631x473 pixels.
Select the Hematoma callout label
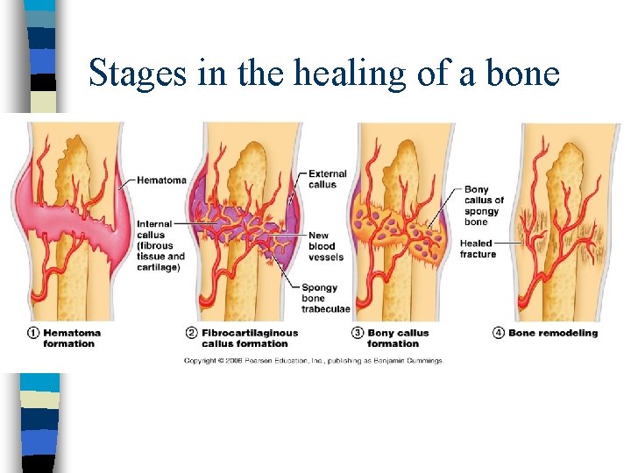point(161,180)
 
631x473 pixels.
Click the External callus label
point(328,180)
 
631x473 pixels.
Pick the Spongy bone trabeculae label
point(325,298)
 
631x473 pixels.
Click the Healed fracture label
point(478,249)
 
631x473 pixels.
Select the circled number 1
point(32,333)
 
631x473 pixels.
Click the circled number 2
point(191,333)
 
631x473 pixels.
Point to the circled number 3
point(357,333)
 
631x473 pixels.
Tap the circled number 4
point(499,333)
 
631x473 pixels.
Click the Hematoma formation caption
point(72,338)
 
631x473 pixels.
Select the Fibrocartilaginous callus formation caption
point(250,338)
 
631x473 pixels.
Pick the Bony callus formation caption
point(398,338)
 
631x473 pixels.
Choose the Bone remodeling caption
point(553,333)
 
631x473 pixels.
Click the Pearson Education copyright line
point(314,360)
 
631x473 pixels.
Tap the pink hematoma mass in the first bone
point(70,219)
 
